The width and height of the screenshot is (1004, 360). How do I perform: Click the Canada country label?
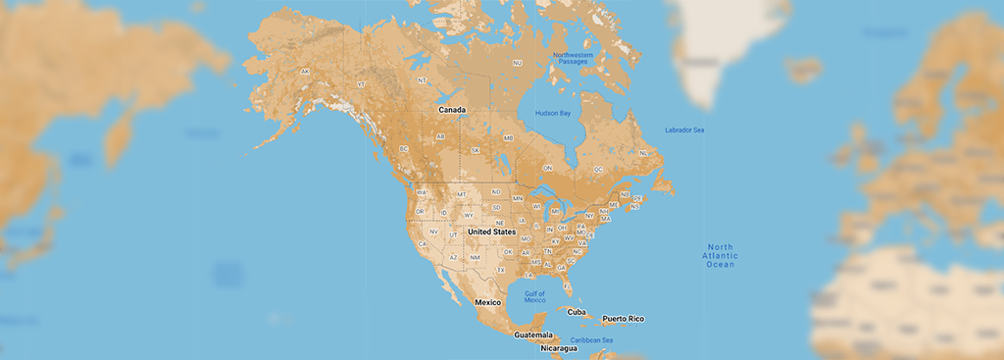pyautogui.click(x=451, y=109)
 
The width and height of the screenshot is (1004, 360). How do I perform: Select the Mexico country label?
pyautogui.click(x=488, y=302)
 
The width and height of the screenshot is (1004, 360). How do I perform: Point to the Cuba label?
pyautogui.click(x=577, y=312)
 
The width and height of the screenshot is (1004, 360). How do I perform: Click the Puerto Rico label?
pyautogui.click(x=624, y=319)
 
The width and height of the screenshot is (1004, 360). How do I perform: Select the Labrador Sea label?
pyautogui.click(x=684, y=129)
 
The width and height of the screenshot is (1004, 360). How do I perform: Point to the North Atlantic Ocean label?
pyautogui.click(x=721, y=255)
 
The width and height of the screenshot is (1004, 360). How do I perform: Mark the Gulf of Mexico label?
pyautogui.click(x=534, y=296)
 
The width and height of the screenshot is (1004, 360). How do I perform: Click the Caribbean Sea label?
pyautogui.click(x=593, y=340)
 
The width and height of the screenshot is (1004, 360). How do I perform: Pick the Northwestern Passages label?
pyautogui.click(x=573, y=58)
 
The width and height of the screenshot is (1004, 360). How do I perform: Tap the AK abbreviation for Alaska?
pyautogui.click(x=305, y=72)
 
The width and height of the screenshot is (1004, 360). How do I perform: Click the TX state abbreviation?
pyautogui.click(x=501, y=270)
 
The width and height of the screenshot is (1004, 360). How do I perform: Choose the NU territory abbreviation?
pyautogui.click(x=518, y=63)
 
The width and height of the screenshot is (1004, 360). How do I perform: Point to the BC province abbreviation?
pyautogui.click(x=403, y=149)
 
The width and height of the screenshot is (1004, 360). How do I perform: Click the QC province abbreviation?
pyautogui.click(x=598, y=169)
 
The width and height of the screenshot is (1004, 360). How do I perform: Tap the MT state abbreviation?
pyautogui.click(x=461, y=195)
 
